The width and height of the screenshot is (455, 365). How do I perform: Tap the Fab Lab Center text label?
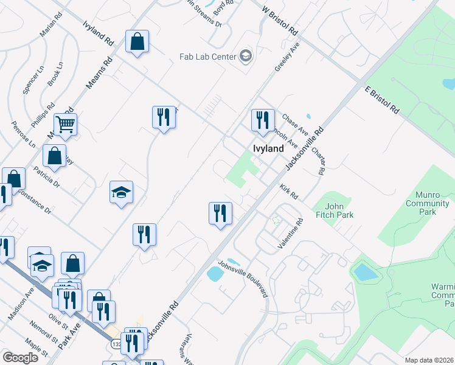point(207,57)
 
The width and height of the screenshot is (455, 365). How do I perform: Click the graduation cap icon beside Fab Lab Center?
point(246,57)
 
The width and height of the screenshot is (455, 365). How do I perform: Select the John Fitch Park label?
point(335,210)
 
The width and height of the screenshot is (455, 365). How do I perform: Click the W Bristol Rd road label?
point(280,21)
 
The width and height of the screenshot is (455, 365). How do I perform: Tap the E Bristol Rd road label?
point(382,100)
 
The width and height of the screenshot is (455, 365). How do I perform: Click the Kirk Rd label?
point(289,192)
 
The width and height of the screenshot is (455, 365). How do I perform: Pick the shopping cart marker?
point(65,124)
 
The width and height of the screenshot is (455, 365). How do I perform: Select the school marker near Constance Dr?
point(121,193)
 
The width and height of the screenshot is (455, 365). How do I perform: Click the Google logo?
point(20,358)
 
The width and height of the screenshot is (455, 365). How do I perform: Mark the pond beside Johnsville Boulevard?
point(215,274)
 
